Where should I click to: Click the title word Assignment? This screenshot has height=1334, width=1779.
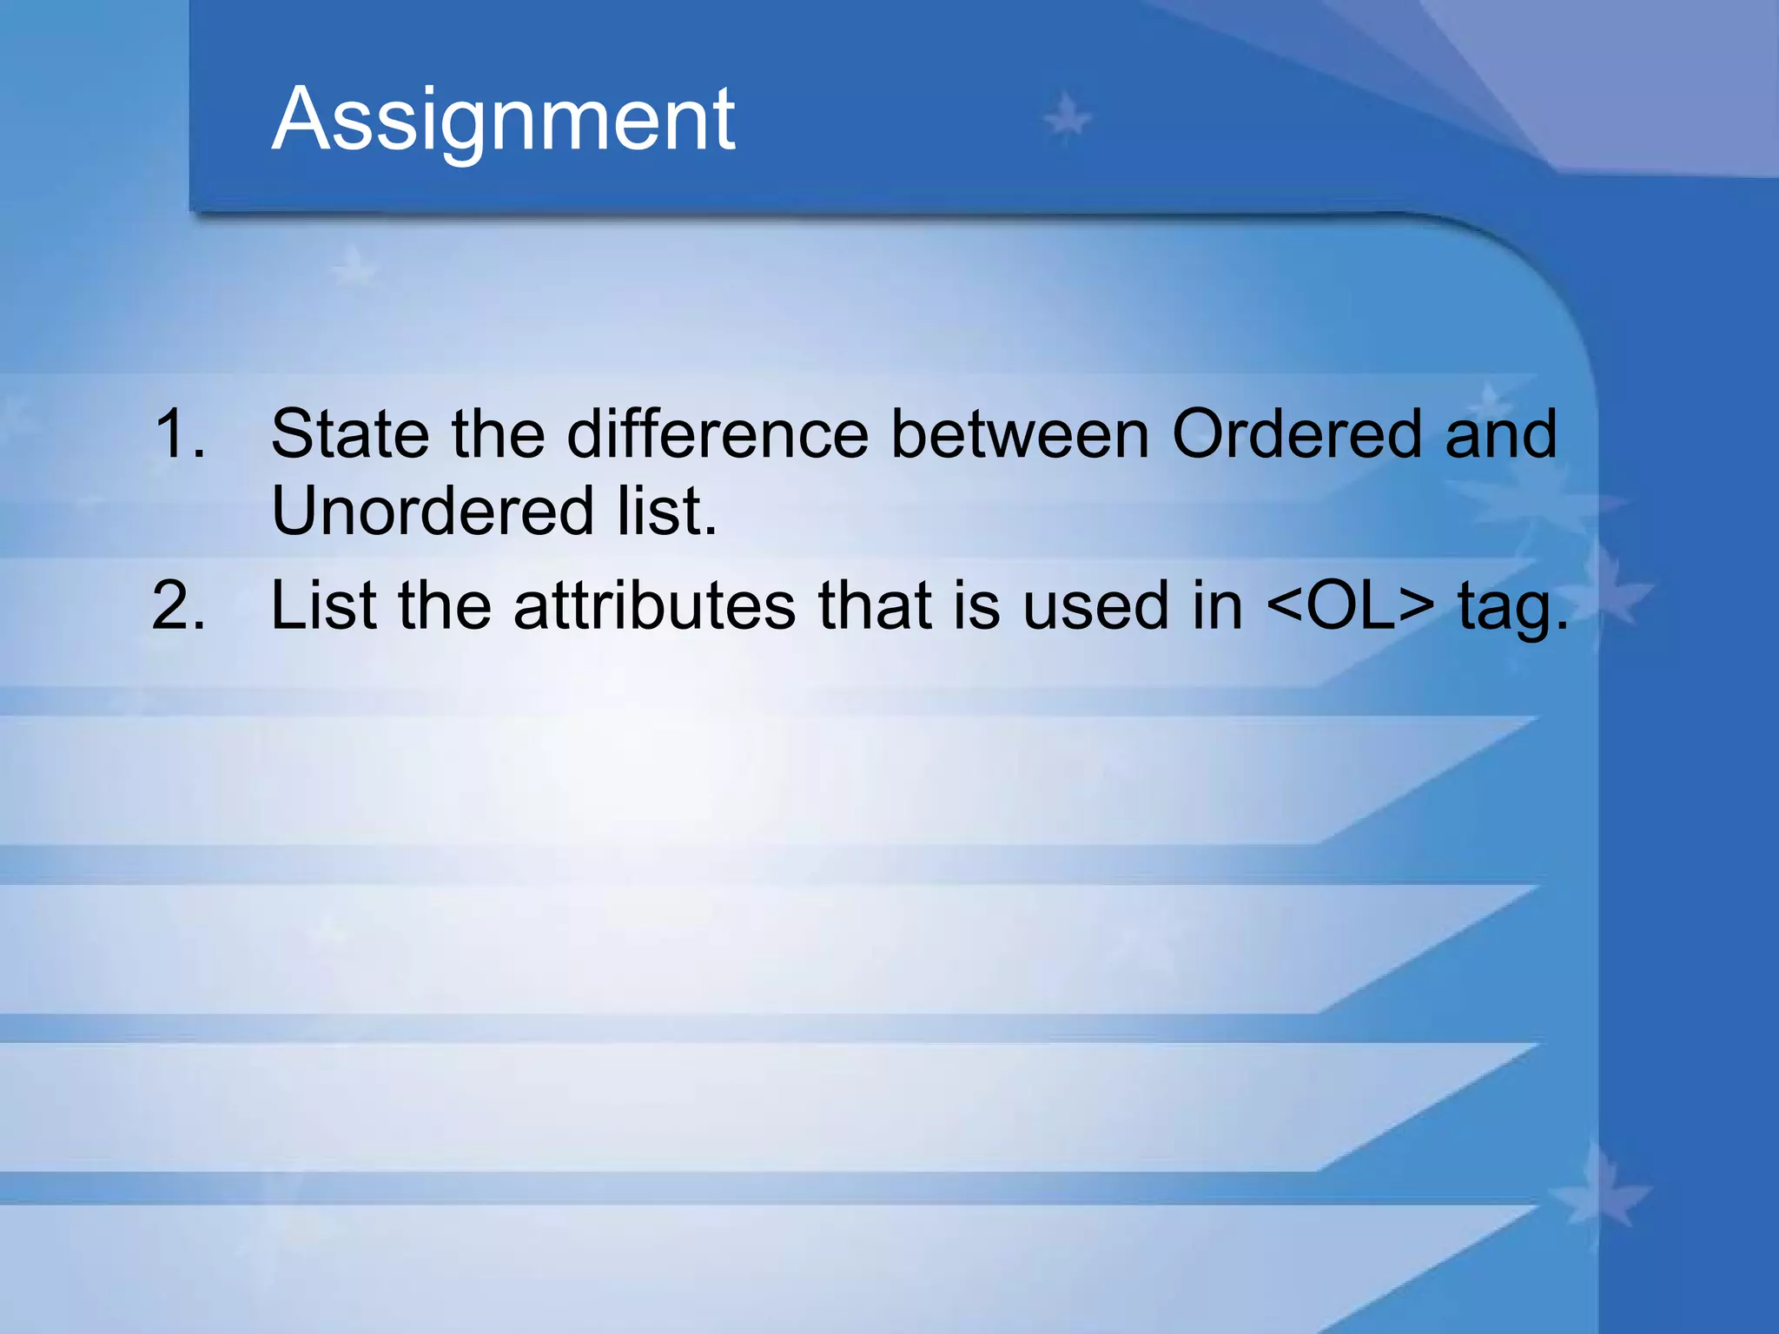coord(503,122)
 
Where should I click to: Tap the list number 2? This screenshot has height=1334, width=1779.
coord(179,605)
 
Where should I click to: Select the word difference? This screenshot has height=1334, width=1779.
coord(718,433)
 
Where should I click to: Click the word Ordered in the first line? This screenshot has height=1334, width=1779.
coord(1296,433)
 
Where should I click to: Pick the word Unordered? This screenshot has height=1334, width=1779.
coord(432,511)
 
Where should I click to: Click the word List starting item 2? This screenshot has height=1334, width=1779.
coord(322,605)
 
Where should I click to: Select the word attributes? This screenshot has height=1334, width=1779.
coord(654,605)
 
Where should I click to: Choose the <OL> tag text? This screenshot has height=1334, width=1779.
coord(1350,605)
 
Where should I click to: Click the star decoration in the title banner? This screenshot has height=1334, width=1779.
coord(1067,117)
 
